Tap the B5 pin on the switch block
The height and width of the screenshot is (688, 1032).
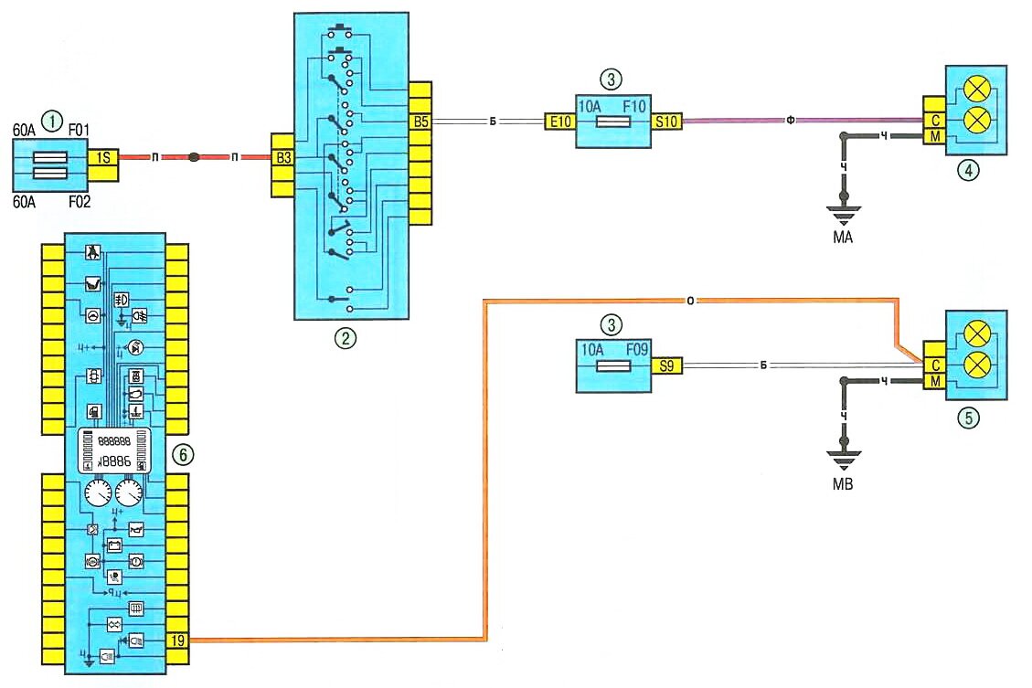pos(420,119)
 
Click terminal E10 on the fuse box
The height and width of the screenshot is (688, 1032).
pos(559,120)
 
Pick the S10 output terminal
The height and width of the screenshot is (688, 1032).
pos(665,120)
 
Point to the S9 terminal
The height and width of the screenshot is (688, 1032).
pos(666,365)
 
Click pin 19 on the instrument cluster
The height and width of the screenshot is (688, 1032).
pos(176,640)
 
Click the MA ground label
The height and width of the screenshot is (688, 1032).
pos(844,238)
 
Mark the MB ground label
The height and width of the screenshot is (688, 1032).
pos(844,484)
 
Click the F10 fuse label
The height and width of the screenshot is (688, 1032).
pos(633,105)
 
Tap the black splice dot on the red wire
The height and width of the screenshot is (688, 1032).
pos(195,158)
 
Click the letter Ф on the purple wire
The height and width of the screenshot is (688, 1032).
pos(792,119)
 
